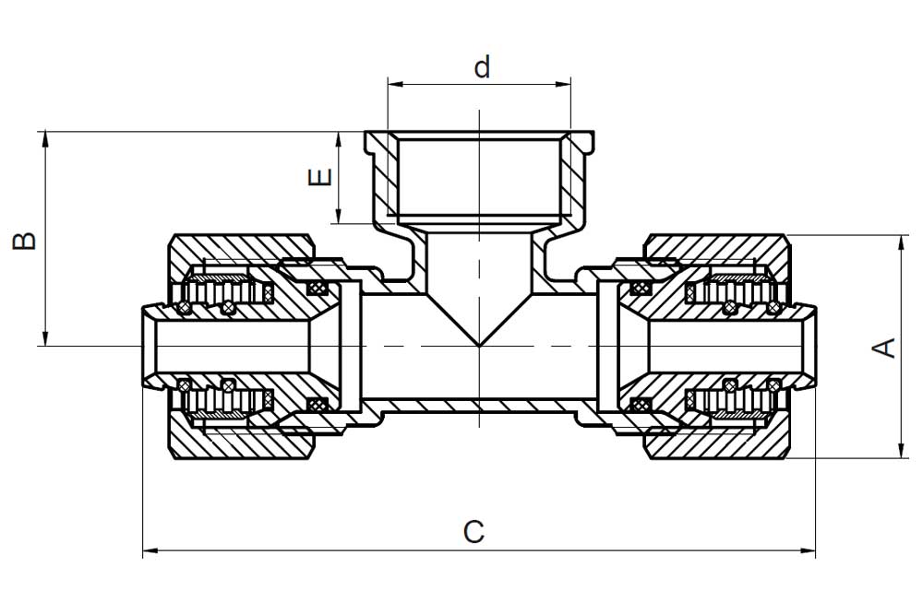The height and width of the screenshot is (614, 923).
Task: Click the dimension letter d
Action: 482,67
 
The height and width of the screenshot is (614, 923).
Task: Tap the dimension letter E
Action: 321,177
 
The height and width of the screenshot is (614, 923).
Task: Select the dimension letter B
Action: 25,241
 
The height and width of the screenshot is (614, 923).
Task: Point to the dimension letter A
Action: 883,348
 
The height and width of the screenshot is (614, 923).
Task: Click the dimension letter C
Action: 473,532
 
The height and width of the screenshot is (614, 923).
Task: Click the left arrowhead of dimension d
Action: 395,84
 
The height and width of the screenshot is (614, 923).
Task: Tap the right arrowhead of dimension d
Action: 563,84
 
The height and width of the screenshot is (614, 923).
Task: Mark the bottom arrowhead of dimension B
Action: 44,338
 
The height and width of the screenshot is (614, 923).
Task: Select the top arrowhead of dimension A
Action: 901,242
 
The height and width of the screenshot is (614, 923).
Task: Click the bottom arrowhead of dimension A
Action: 901,450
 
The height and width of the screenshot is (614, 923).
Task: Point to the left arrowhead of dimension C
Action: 150,551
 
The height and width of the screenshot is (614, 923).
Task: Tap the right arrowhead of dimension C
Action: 808,551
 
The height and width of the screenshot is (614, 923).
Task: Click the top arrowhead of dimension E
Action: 339,139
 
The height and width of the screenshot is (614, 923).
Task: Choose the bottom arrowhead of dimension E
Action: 339,216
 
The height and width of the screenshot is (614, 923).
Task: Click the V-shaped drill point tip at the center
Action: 479,345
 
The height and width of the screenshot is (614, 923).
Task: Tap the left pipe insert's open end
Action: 145,347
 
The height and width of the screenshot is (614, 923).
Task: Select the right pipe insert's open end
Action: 812,347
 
